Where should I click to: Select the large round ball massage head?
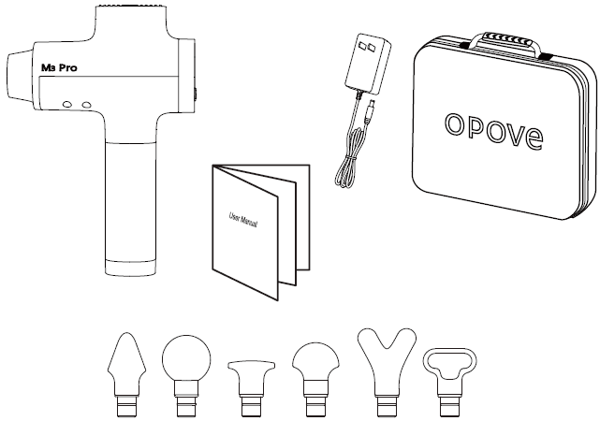[x=183, y=357]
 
